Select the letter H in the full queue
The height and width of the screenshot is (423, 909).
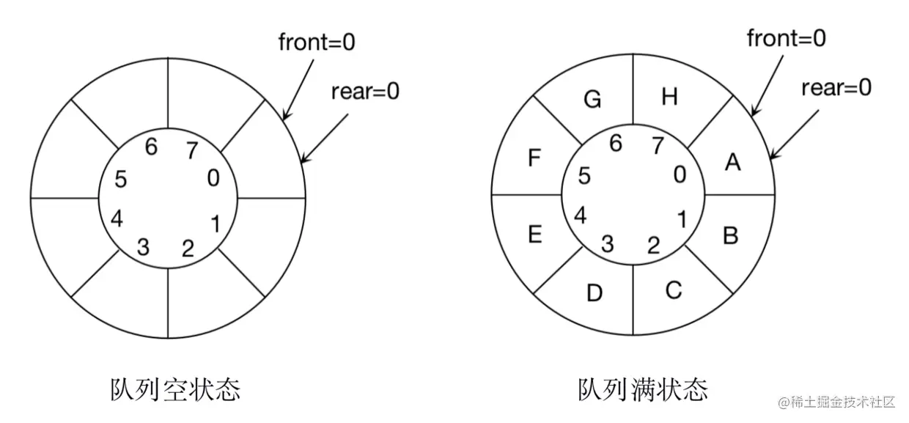tap(669, 97)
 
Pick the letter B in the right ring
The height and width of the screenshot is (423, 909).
tap(730, 235)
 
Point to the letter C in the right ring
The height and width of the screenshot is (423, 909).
tap(673, 290)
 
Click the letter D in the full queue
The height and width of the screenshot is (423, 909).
tap(595, 293)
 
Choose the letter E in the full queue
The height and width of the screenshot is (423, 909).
tap(534, 235)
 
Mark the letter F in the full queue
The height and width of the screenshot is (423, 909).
tap(534, 158)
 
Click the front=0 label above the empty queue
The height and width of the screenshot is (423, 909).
tap(317, 42)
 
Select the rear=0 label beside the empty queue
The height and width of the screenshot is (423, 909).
tap(365, 92)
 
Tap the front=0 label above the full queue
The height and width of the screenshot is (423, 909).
tap(786, 38)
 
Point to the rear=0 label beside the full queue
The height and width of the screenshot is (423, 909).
tap(836, 88)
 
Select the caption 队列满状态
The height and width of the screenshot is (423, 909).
tap(642, 389)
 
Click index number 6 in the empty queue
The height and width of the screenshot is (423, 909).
tap(151, 147)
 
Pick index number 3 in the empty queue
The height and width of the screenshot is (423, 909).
tap(144, 247)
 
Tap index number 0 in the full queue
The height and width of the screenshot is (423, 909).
tap(680, 174)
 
